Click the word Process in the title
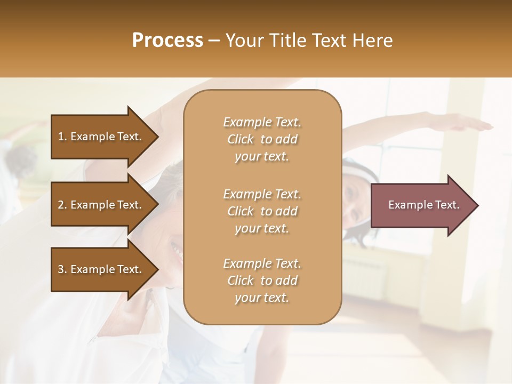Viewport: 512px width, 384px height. pyautogui.click(x=167, y=41)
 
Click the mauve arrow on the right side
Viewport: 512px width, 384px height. pyautogui.click(x=421, y=205)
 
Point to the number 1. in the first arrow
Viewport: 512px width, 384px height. pyautogui.click(x=62, y=137)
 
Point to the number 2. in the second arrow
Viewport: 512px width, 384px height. pyautogui.click(x=62, y=205)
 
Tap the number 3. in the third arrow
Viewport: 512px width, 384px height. pyautogui.click(x=62, y=269)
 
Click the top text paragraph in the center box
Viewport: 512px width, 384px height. pyautogui.click(x=262, y=139)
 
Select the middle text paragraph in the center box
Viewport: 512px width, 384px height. pyautogui.click(x=262, y=211)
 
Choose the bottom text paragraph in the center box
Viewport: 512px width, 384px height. pyautogui.click(x=262, y=281)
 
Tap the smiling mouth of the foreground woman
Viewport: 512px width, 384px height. pyautogui.click(x=175, y=249)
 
